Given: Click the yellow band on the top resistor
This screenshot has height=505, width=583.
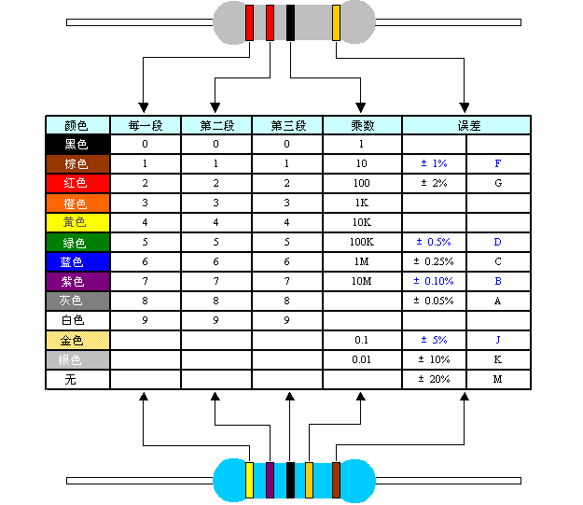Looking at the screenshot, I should click(336, 22).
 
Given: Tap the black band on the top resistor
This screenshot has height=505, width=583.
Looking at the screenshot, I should click(290, 22).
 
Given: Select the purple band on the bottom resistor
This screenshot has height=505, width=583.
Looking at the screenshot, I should click(270, 479).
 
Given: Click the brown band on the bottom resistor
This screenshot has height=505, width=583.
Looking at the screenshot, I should click(336, 479).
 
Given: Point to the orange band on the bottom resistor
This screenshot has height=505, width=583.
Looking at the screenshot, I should click(309, 479).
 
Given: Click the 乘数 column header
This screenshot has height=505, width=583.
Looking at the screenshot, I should click(362, 125).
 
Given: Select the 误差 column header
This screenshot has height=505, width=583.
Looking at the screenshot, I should click(466, 125).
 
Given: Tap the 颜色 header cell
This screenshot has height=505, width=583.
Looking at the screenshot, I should click(77, 125).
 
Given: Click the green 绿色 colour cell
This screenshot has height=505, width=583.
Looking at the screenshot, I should click(77, 243).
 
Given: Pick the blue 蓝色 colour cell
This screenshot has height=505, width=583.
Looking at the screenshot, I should click(77, 262).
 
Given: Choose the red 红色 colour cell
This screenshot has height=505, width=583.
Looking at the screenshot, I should click(77, 183).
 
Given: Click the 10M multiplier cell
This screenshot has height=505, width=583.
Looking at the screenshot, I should click(362, 282).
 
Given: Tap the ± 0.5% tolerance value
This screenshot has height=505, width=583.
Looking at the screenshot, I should click(435, 243).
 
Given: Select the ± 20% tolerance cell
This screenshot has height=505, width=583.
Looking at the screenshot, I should click(435, 379).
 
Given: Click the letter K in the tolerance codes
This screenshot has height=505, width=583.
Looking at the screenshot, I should click(498, 359).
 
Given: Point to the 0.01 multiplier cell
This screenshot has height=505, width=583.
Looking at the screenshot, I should click(362, 359).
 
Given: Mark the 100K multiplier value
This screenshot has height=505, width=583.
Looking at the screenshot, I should click(362, 243).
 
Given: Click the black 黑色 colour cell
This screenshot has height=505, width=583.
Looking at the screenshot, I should click(77, 145).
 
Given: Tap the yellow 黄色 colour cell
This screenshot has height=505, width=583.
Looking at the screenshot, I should click(77, 223).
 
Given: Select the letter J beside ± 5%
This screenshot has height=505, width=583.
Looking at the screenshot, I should click(498, 340).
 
